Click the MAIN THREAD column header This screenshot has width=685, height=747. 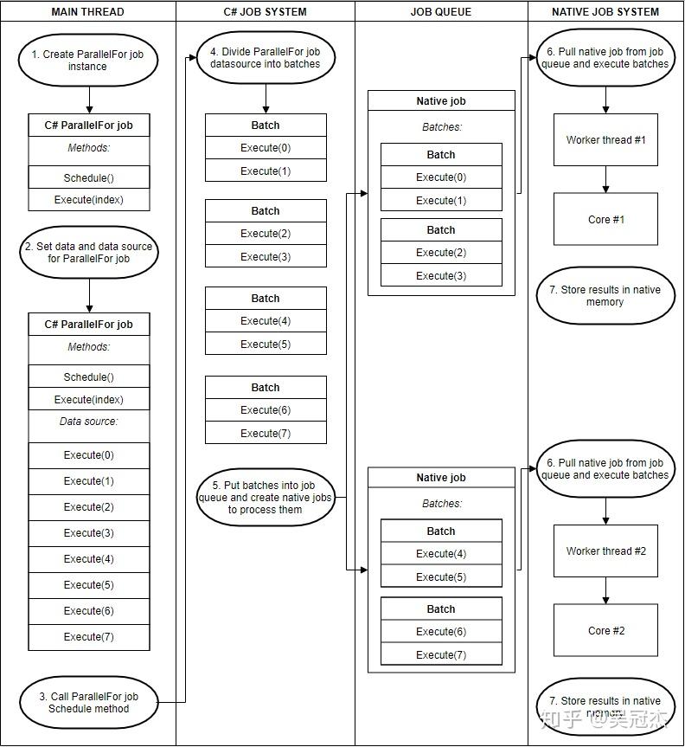coord(88,12)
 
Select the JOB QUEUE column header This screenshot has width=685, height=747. coord(440,12)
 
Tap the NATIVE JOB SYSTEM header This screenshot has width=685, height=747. coord(605,12)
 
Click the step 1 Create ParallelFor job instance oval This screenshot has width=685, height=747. coord(88,61)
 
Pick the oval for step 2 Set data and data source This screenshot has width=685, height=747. coord(88,253)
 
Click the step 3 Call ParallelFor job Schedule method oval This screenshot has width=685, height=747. coord(88,703)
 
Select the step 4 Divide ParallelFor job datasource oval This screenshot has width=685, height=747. coord(266,58)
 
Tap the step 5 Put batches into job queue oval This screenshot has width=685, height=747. coord(266,498)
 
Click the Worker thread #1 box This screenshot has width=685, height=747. coord(605,140)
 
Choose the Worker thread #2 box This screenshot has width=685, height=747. coord(605,551)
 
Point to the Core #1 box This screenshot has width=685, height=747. coord(605,220)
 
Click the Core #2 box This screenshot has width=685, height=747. coord(605,631)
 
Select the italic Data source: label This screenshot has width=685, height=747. coord(88,422)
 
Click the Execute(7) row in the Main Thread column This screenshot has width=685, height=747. coord(88,637)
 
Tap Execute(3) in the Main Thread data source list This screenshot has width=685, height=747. coord(88,533)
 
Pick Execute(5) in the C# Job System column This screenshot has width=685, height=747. coord(266,345)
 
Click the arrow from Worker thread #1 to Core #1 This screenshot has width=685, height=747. coord(605,179)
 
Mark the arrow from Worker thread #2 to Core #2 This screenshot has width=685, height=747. coord(605,590)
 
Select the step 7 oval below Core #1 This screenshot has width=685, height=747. coord(605,296)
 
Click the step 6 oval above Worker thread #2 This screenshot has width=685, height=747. coord(605,469)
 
